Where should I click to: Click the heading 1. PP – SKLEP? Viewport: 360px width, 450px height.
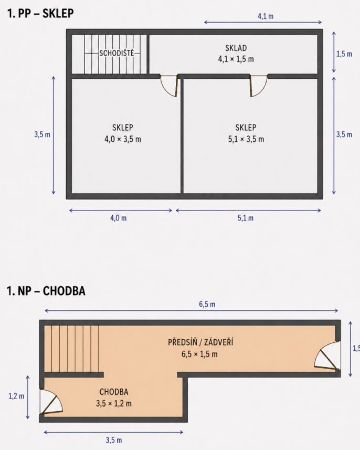click(x=40, y=13)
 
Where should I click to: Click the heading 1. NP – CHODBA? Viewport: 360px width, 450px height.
click(x=46, y=291)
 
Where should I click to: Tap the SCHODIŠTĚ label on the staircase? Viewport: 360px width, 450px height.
click(x=117, y=53)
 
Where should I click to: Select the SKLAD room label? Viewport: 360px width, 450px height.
click(x=236, y=48)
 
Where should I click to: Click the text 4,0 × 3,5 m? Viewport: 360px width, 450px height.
click(x=123, y=140)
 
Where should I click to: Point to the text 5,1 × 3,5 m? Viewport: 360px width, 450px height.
click(x=246, y=140)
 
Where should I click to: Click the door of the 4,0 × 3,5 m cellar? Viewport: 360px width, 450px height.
click(x=170, y=86)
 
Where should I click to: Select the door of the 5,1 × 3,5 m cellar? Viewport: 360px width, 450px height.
click(x=259, y=86)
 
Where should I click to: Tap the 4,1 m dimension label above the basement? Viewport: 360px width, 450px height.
click(x=266, y=16)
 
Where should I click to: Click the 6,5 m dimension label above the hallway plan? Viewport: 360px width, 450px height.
click(x=207, y=304)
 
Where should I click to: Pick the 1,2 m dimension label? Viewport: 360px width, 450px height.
click(x=16, y=396)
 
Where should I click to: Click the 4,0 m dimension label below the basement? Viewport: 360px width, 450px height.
click(x=119, y=218)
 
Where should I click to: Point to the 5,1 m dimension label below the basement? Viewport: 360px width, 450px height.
click(x=246, y=218)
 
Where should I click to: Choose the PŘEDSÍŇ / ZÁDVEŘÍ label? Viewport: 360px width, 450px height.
click(x=200, y=342)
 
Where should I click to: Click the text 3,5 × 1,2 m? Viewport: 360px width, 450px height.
click(x=114, y=404)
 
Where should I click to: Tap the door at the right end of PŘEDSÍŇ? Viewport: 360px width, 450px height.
click(x=327, y=356)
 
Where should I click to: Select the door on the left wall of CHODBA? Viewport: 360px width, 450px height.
click(x=51, y=402)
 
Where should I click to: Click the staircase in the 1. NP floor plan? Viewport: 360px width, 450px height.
click(x=72, y=349)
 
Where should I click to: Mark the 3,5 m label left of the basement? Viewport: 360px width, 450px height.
click(x=43, y=134)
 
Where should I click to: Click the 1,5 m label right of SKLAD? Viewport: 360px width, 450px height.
click(x=344, y=54)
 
